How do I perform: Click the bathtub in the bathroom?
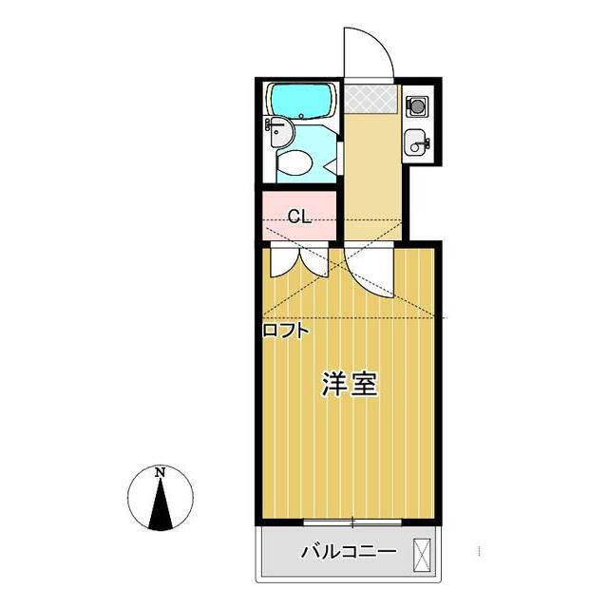300,100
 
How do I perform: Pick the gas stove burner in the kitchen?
415,105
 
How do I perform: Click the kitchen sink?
415,144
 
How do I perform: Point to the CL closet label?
299,217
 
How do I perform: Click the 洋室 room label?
351,384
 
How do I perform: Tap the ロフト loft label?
286,332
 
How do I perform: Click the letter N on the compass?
161,472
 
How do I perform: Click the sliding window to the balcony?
351,522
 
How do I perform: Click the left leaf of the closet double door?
283,260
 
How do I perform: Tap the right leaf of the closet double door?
314,260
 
